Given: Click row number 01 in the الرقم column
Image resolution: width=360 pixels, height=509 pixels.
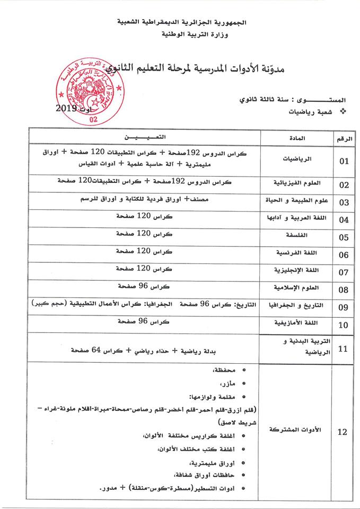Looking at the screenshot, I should point(343,161).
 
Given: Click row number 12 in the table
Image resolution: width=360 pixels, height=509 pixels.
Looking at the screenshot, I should point(343,432).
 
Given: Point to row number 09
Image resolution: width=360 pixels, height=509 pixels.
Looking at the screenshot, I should point(343,306).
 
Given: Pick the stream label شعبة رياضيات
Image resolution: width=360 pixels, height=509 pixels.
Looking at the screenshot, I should point(310,112).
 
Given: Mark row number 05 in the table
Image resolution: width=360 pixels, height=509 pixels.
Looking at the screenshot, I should point(343,237).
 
